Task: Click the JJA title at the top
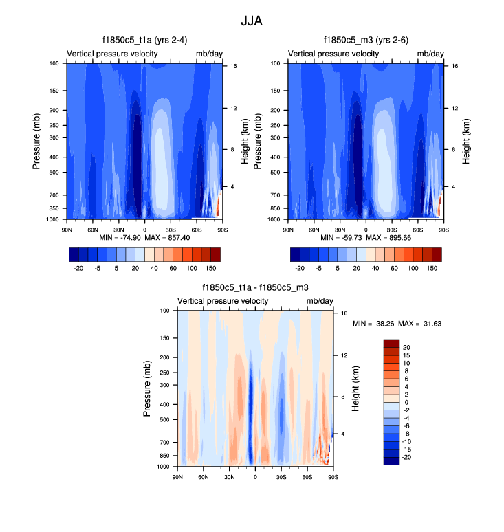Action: point(252,21)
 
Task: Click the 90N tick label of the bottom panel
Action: point(177,477)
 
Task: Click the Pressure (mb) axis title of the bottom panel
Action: point(147,389)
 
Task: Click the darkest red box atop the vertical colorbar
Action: point(390,343)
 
